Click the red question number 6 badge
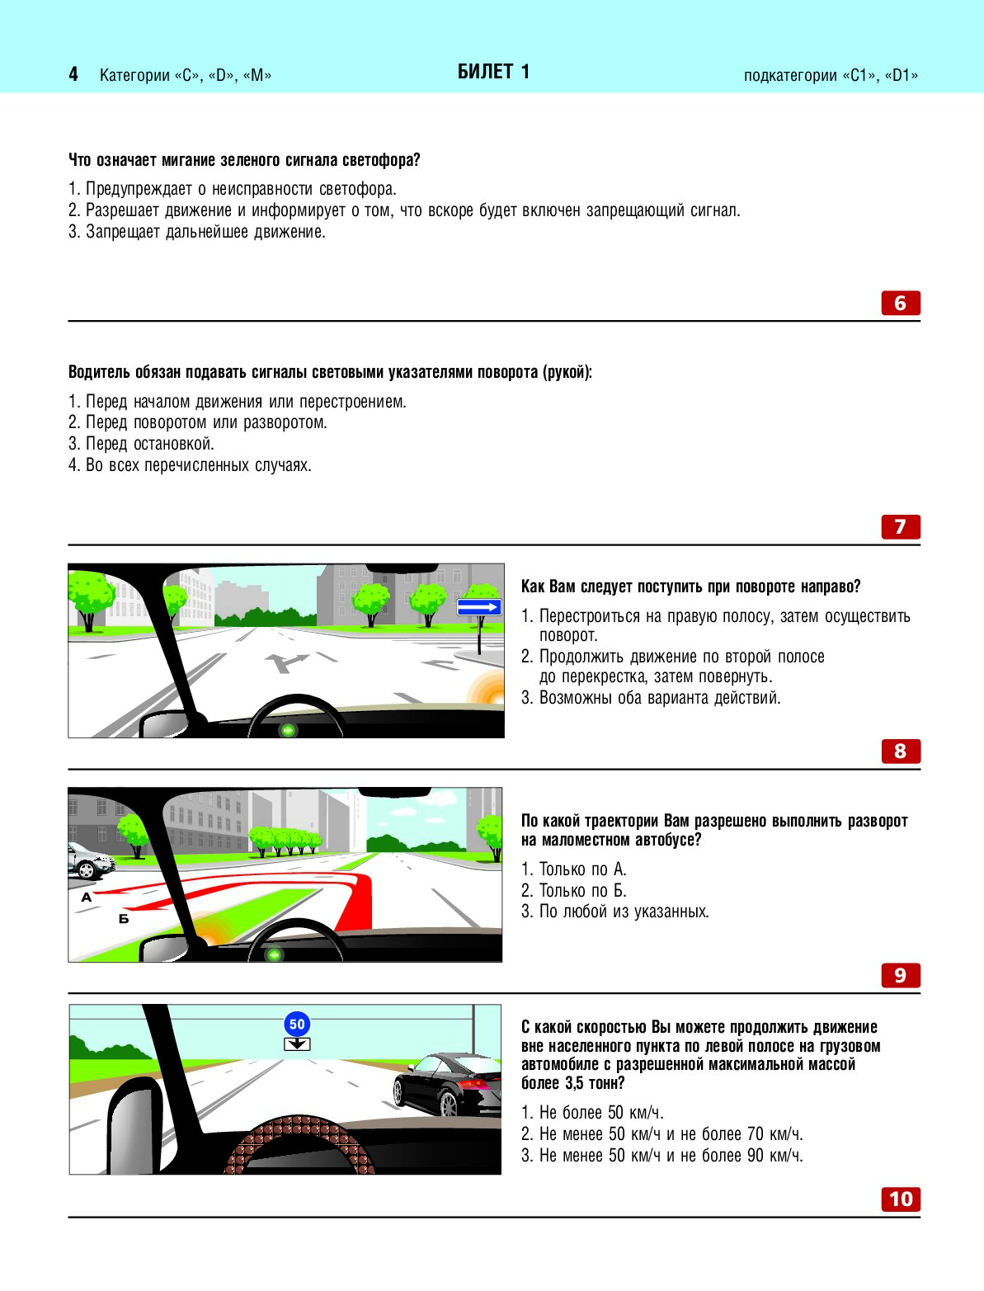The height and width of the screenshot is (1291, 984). (900, 303)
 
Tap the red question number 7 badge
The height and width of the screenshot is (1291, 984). (900, 526)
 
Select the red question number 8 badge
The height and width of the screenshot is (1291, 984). (900, 751)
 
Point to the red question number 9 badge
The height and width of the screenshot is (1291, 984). (900, 975)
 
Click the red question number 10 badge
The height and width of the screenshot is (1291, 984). (900, 1199)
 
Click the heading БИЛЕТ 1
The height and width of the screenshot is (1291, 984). (493, 73)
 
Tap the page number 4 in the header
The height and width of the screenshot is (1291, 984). (73, 75)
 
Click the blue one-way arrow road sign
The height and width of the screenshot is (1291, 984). (479, 608)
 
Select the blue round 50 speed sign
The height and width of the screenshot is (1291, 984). (297, 1025)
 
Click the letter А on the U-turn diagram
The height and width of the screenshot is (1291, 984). (87, 898)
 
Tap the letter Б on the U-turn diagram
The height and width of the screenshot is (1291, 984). (124, 918)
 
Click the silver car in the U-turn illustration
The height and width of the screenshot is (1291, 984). (89, 860)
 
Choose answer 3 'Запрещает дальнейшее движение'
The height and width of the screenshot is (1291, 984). (197, 232)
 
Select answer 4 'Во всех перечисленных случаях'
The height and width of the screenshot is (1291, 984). (190, 465)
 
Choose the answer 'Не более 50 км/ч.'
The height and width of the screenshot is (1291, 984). (592, 1113)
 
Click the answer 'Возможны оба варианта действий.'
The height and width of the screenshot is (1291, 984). (651, 698)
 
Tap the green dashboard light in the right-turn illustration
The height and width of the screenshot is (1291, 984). (288, 730)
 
